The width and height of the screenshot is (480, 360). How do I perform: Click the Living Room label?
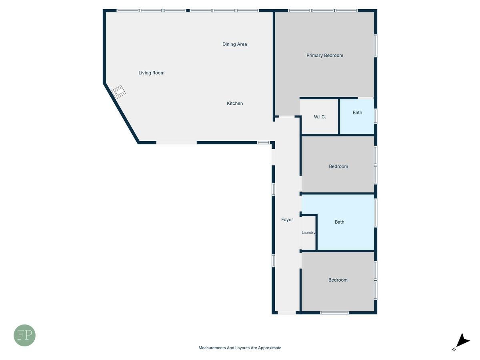pos(151,73)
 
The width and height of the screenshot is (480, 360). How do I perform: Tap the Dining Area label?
pos(235,44)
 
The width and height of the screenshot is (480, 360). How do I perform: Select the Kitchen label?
pos(235,103)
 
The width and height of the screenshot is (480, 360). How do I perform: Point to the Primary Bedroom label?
pos(325,56)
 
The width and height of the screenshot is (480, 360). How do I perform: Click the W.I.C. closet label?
pos(320,117)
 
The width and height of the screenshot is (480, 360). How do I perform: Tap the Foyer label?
pos(287,220)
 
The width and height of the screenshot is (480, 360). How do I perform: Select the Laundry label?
pos(308,232)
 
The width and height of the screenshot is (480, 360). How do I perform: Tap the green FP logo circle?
pos(24,335)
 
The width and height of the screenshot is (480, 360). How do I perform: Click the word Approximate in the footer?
pos(270,348)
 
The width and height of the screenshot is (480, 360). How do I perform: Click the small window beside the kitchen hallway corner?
pos(263,143)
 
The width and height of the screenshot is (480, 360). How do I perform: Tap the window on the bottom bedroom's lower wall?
pos(334,313)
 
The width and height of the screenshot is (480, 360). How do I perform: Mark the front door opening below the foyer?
pos(287,313)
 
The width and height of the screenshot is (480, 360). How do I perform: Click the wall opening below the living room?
pos(176,143)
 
